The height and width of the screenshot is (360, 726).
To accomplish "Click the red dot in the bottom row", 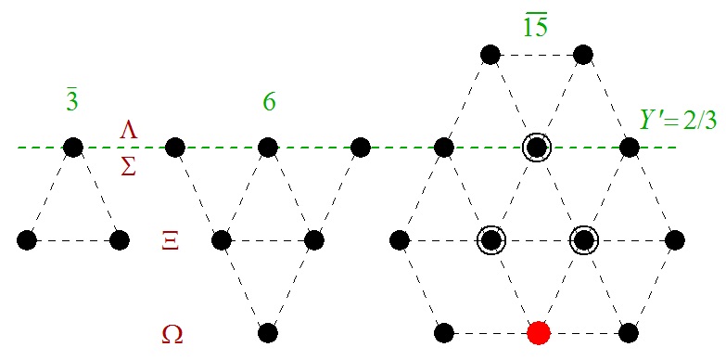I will coord(537,332).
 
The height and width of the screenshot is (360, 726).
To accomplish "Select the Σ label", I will coord(129,165).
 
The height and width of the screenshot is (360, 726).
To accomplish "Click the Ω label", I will coord(172,332).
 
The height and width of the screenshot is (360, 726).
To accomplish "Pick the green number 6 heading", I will coord(269,102).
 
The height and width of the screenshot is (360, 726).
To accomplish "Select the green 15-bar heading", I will coord(536,27).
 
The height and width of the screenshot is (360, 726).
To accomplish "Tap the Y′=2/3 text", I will coord(679,121).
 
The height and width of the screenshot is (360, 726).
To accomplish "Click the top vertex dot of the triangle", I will coord(72,147).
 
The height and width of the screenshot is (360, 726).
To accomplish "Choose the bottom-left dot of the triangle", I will coord(26,240).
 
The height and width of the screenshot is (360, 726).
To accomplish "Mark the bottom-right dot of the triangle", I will coord(119,240).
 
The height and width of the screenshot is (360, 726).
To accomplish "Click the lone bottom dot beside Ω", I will coord(267,332).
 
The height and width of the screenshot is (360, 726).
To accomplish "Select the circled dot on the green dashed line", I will coord(536,147).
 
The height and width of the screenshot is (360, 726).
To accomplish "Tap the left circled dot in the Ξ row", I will coord(490,240).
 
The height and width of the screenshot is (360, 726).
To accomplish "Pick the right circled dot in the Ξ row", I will coord(583,240).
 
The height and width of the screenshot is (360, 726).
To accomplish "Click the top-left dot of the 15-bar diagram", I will coord(490,54).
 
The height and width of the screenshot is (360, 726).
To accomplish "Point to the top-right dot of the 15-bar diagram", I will coord(583,54).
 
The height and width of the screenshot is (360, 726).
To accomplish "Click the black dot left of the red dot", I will coord(443,332).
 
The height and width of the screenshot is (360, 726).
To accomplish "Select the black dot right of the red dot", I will coord(630,332).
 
